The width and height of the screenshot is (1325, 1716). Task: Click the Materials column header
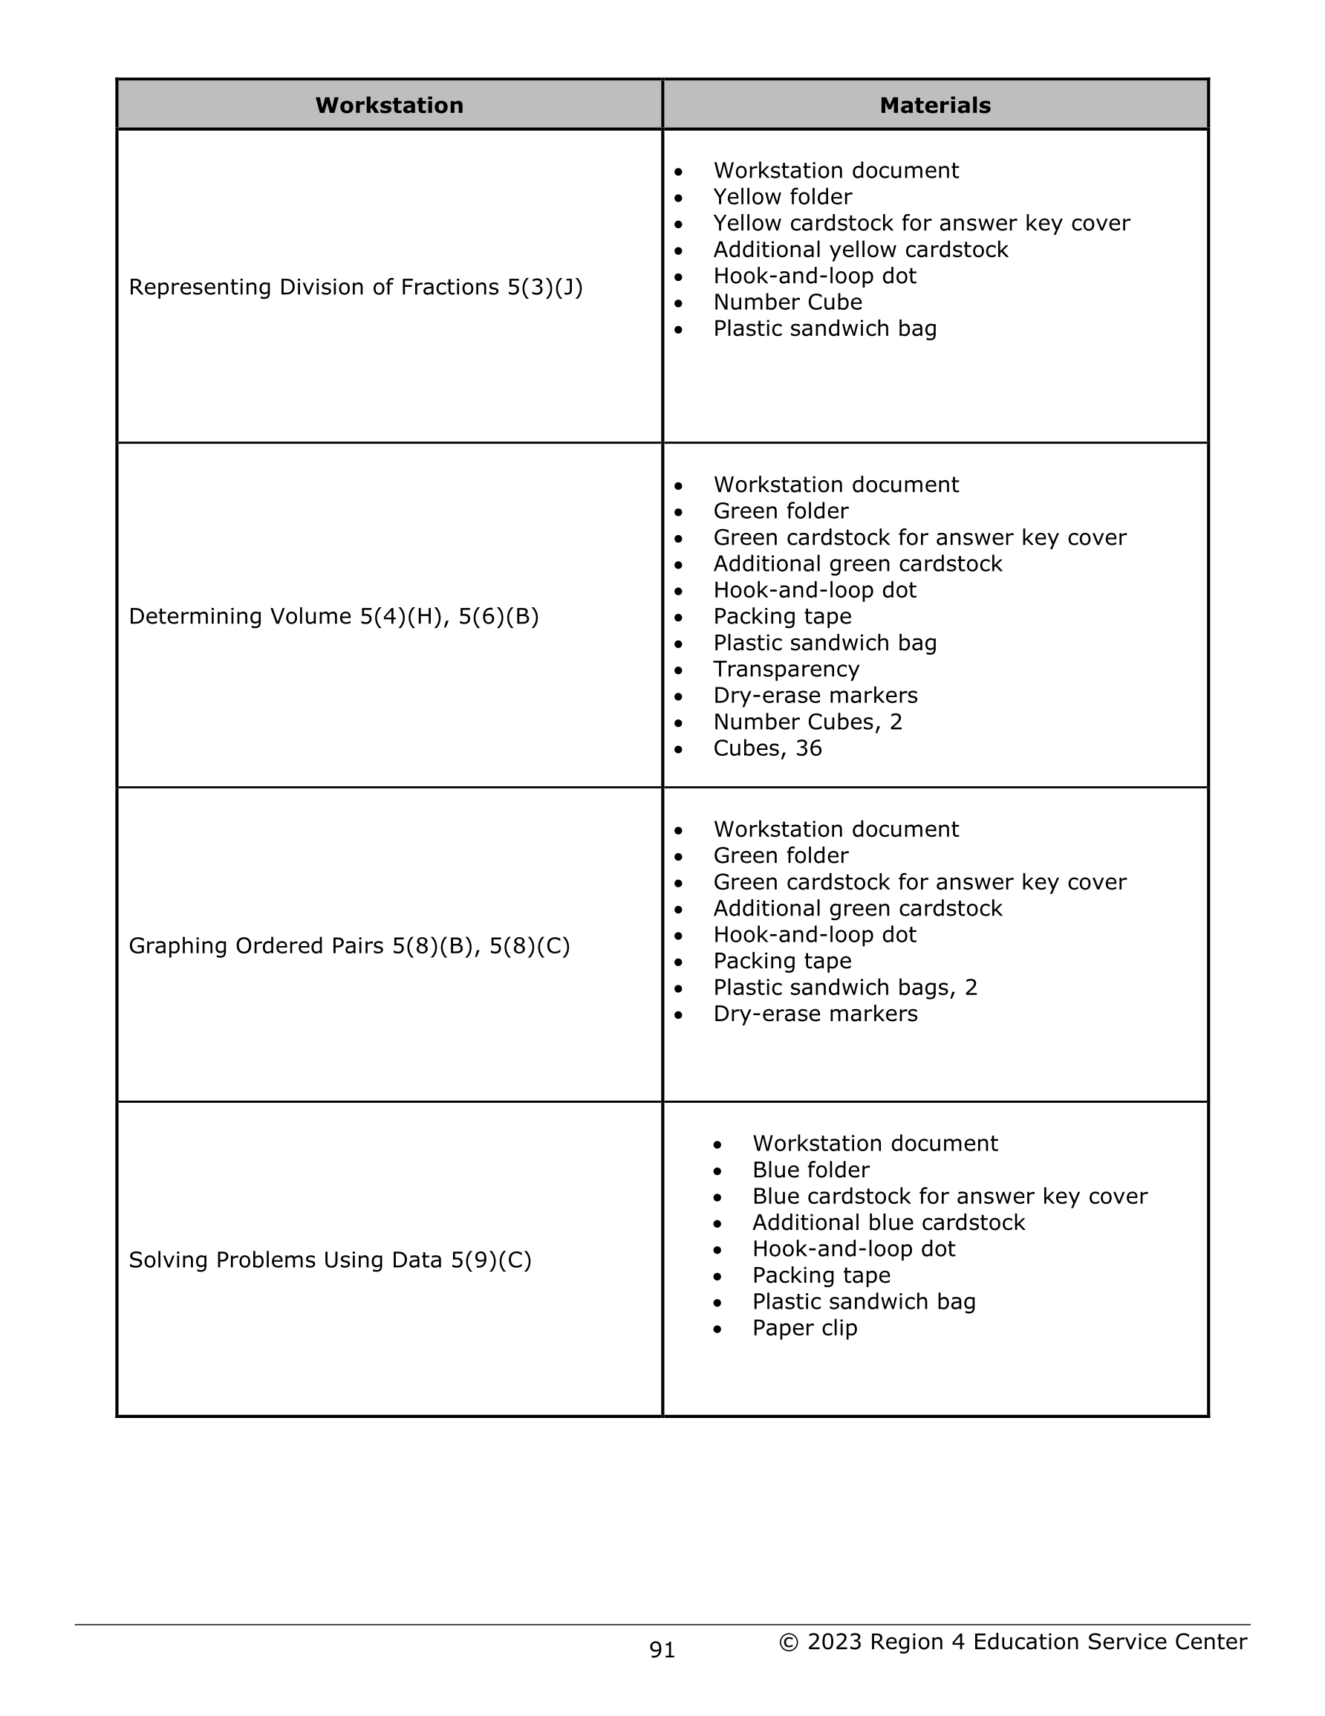pyautogui.click(x=934, y=106)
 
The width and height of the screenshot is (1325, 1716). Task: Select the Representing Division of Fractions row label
pyautogui.click(x=355, y=288)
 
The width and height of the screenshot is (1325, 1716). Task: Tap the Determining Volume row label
pyautogui.click(x=333, y=616)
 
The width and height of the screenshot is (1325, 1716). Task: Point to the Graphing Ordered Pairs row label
pyautogui.click(x=349, y=945)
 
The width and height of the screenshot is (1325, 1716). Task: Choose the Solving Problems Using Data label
pyautogui.click(x=330, y=1260)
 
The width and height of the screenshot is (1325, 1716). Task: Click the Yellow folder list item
pyautogui.click(x=782, y=196)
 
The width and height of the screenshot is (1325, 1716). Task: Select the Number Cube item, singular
pyautogui.click(x=787, y=302)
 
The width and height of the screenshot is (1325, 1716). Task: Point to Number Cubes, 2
pyautogui.click(x=807, y=722)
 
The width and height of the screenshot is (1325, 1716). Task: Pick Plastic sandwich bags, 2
pyautogui.click(x=845, y=987)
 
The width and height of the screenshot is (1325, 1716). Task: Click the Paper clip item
pyautogui.click(x=804, y=1328)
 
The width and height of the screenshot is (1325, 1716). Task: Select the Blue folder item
pyautogui.click(x=810, y=1170)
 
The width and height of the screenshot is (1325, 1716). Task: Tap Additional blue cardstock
pyautogui.click(x=888, y=1223)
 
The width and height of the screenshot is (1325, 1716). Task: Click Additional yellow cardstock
pyautogui.click(x=860, y=249)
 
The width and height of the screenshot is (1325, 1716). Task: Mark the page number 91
pyautogui.click(x=662, y=1650)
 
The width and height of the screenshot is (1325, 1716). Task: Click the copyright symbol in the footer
pyautogui.click(x=789, y=1642)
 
